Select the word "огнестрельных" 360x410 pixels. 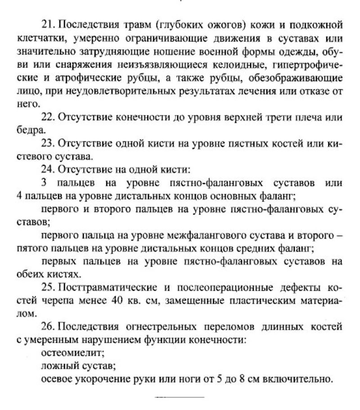[159, 327]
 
